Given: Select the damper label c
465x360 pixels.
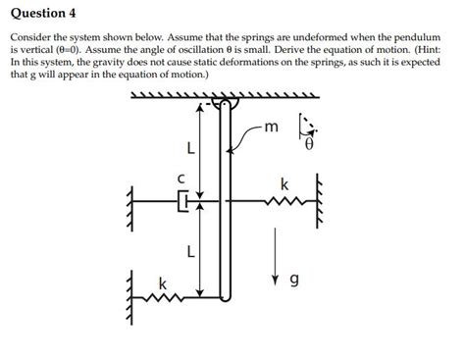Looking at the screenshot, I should coord(181,180).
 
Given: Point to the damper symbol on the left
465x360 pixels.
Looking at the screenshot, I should coord(183,203).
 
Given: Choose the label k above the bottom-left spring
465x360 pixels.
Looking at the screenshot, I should coord(163,283).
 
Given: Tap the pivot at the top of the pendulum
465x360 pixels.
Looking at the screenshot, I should coord(224,102).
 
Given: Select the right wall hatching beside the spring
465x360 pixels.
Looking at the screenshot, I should coord(318,203).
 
